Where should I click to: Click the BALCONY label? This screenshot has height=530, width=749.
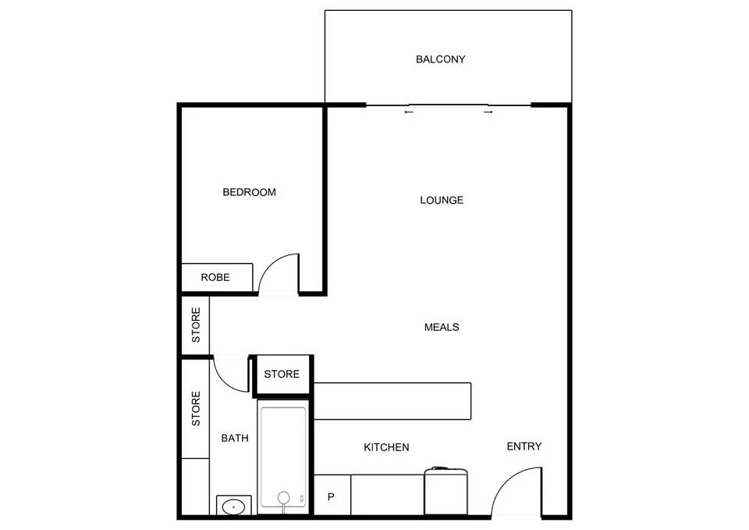440,59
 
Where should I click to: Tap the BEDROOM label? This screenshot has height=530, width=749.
249,192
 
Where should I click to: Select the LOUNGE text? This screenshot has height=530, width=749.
442,200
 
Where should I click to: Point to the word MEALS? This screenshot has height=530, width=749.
442,327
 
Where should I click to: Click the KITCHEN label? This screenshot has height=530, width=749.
386,447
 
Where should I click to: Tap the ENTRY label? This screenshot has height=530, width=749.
524,446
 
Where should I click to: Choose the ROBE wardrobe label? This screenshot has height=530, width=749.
215,277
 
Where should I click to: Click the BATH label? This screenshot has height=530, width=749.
235,439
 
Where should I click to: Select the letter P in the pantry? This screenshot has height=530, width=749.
331,497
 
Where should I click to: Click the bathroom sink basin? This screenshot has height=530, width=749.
233,507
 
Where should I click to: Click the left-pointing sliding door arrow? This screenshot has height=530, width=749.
408,112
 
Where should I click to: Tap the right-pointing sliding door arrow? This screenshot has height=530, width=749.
488,112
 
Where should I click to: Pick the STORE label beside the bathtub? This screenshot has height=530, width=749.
282,375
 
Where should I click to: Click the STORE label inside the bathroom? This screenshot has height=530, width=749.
196,408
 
